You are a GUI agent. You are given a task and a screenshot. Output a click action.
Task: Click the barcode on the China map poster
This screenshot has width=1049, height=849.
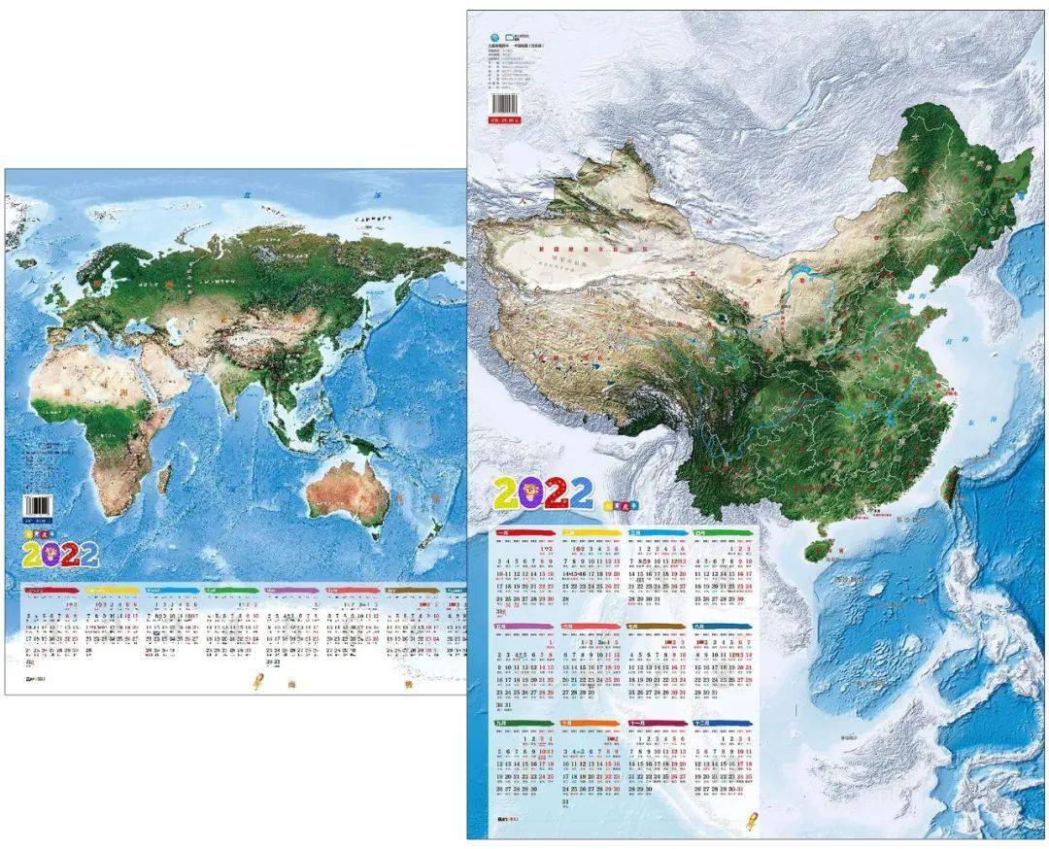click(506, 104)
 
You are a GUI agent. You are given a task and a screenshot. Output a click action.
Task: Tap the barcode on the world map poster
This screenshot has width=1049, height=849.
click(36, 507)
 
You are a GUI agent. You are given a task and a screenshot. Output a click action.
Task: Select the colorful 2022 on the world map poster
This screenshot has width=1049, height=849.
click(60, 554)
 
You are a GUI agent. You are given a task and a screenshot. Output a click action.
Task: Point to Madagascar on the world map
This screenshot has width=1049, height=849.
click(163, 477)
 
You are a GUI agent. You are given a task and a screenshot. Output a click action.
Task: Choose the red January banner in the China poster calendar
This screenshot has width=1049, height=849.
click(525, 533)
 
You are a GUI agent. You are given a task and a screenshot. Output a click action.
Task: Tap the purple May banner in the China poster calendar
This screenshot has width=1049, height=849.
click(525, 627)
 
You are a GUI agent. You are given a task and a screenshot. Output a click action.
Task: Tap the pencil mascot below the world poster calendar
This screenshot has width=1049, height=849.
click(258, 682)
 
